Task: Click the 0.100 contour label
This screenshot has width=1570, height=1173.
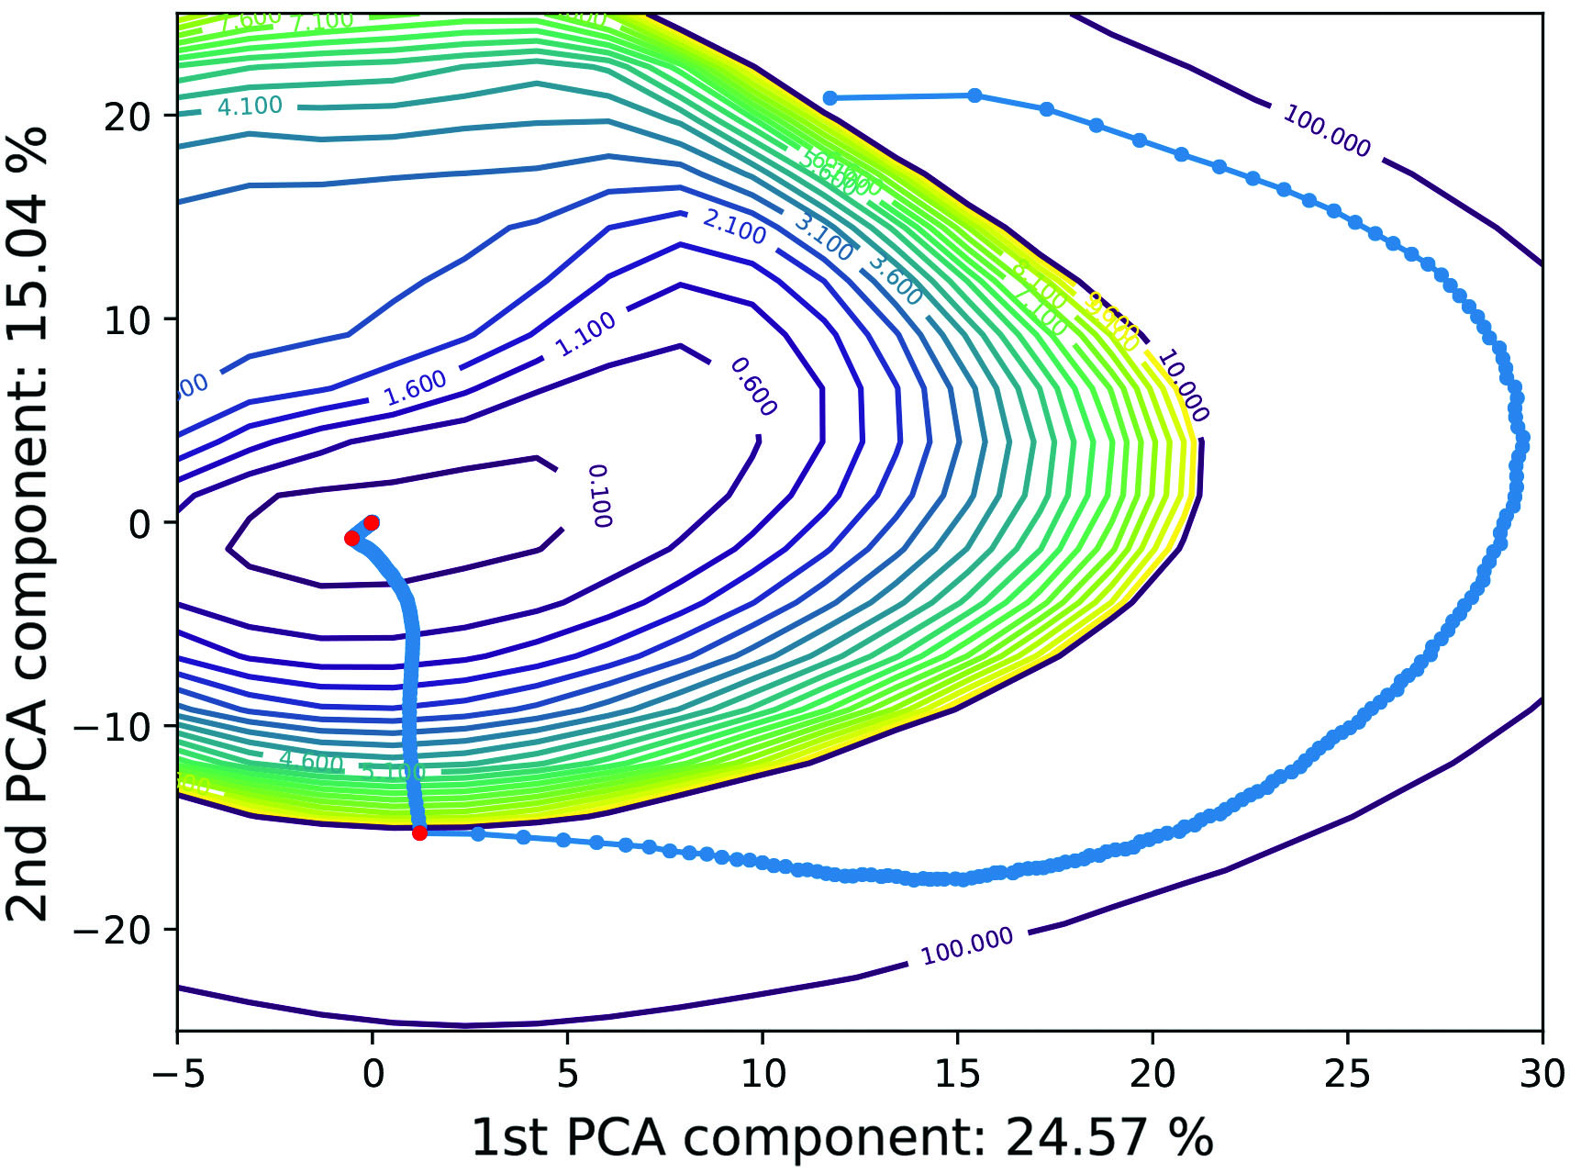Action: [599, 496]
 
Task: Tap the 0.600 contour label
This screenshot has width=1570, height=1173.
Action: [753, 386]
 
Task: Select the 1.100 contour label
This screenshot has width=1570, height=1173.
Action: [585, 334]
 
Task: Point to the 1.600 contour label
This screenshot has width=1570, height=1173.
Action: [415, 387]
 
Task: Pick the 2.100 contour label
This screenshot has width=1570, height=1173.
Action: [734, 226]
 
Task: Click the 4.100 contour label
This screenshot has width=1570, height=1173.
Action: [250, 106]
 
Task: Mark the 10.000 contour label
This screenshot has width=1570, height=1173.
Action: [1182, 385]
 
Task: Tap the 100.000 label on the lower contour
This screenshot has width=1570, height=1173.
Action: [967, 946]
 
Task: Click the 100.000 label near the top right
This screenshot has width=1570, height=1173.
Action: [1326, 131]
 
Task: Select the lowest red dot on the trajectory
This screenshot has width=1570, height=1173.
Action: [419, 832]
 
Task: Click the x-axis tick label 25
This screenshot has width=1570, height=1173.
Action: [1347, 1073]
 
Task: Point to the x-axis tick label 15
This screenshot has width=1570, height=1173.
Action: [957, 1073]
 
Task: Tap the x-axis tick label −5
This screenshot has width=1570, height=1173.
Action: [177, 1073]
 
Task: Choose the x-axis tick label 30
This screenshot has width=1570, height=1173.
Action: [1542, 1073]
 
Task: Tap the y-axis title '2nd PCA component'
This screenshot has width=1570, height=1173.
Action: [28, 523]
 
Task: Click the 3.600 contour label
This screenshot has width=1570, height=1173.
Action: [895, 281]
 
